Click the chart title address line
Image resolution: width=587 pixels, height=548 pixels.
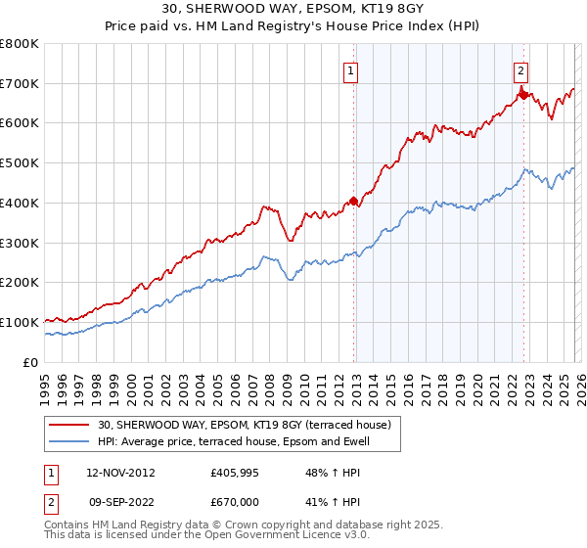293,10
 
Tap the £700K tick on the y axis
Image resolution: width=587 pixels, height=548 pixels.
20,83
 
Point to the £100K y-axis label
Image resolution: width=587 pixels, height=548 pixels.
20,322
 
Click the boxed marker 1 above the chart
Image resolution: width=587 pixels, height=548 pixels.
350,69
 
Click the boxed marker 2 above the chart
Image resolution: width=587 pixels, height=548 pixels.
521,69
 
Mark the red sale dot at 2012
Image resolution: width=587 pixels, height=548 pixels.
353,201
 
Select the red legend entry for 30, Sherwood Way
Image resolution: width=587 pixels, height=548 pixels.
245,425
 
